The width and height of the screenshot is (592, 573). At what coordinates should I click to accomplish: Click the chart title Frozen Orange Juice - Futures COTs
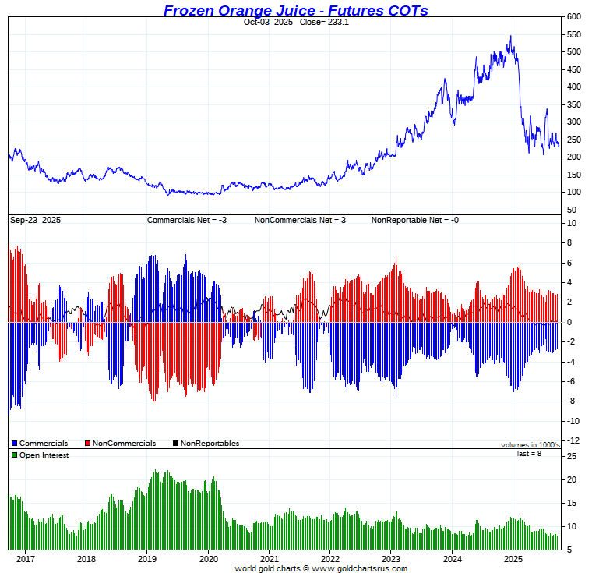click(295, 10)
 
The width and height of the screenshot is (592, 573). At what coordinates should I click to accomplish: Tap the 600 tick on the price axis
click(573, 16)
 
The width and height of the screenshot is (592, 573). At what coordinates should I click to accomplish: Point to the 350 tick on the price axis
click(573, 104)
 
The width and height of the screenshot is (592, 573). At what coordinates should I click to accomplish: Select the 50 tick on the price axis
click(571, 210)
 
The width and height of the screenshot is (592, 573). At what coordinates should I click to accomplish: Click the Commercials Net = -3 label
click(186, 220)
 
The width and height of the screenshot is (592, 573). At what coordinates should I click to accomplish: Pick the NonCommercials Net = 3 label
click(300, 220)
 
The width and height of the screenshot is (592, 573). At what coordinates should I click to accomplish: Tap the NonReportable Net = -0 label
click(414, 220)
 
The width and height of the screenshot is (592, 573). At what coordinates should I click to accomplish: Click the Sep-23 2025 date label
click(35, 220)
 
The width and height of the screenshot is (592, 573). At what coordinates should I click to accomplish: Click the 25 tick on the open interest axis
click(571, 456)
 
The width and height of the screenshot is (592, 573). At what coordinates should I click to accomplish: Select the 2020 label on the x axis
click(208, 558)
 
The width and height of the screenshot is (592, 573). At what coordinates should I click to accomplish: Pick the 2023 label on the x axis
click(390, 558)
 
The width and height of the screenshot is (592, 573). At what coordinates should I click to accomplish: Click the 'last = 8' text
click(529, 454)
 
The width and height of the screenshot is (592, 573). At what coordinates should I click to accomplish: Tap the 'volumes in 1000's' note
click(530, 444)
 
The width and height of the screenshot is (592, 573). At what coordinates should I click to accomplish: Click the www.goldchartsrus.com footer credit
click(359, 568)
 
